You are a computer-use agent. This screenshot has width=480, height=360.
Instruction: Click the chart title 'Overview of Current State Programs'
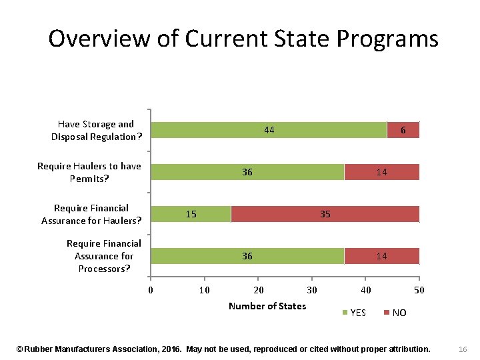point(243,39)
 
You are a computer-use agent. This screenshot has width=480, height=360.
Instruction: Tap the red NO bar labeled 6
point(403,130)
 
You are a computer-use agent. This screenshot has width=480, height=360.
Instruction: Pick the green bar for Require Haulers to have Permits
point(247,172)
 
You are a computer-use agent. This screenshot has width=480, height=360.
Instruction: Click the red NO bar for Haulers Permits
point(381,172)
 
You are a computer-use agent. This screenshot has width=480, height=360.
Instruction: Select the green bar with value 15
point(191,214)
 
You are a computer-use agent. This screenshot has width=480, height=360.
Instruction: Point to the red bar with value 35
point(325,214)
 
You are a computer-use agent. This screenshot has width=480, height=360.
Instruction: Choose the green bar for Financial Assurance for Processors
point(247,256)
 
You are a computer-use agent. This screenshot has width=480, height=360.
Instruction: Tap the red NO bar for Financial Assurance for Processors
point(381,256)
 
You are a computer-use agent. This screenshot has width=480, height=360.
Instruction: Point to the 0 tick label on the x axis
point(151,290)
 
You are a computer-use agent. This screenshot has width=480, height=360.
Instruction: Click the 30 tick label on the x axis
point(311,290)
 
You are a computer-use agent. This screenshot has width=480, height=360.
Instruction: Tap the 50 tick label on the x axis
point(419,290)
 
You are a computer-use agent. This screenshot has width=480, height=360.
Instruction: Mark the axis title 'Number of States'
point(267,306)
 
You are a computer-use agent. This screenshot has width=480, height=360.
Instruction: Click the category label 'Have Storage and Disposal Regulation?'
point(97,130)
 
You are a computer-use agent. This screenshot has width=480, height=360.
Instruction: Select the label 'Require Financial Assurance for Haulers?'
point(91,214)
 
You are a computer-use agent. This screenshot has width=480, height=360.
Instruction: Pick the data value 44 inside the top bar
point(269,130)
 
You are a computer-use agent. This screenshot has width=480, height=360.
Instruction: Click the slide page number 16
point(464,349)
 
